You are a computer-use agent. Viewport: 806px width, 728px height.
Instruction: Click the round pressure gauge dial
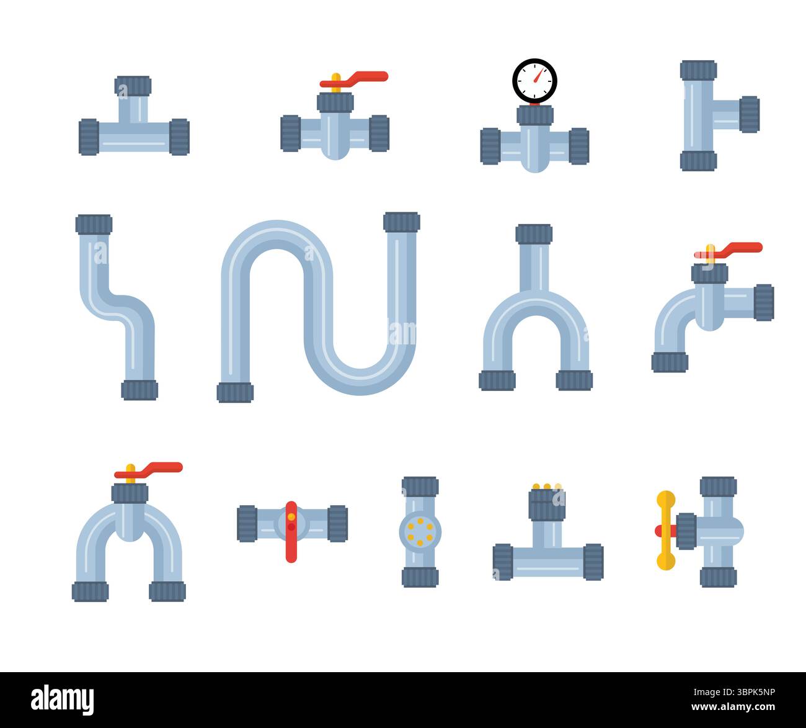tap(534, 81)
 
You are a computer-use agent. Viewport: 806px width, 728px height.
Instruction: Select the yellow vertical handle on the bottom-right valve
tap(665, 531)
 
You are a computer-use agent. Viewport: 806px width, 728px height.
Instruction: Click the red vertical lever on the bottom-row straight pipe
tap(291, 531)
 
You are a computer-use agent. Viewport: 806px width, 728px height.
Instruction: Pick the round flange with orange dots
tap(420, 531)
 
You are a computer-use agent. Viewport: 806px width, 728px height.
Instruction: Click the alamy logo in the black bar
tap(63, 699)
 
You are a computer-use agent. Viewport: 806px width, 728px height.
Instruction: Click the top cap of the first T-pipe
tap(133, 86)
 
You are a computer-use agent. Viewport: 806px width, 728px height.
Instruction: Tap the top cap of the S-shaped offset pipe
tap(94, 224)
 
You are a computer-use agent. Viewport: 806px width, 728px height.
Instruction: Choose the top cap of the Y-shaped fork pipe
tap(534, 234)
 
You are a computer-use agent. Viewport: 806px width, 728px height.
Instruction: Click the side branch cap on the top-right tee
tap(749, 114)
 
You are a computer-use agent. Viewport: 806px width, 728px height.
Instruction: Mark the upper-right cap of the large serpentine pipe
tap(401, 222)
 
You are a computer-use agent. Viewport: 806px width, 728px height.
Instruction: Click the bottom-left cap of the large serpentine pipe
tap(235, 392)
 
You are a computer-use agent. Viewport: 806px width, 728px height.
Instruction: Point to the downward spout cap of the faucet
tap(670, 362)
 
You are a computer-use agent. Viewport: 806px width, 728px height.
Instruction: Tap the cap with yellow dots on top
tap(546, 504)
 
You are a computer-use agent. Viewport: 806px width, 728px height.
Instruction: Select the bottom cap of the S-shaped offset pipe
tap(139, 390)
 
